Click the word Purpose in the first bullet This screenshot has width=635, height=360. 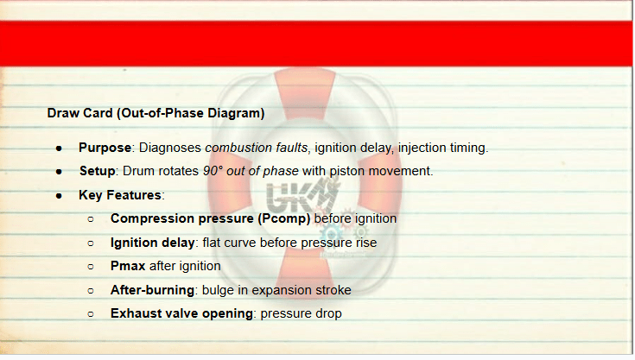click(x=105, y=148)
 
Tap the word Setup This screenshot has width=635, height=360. click(x=97, y=171)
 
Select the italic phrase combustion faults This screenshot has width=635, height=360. click(x=257, y=148)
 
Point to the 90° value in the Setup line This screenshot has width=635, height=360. click(x=213, y=171)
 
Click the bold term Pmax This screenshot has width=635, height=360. click(x=128, y=266)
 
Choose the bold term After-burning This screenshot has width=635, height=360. click(x=152, y=290)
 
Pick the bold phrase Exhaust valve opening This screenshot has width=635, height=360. click(x=181, y=313)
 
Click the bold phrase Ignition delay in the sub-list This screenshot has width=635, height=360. click(x=153, y=243)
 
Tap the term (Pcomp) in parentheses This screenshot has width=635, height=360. click(x=284, y=218)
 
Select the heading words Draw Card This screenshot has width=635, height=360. click(x=79, y=113)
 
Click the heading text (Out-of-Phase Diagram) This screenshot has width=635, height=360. click(x=191, y=113)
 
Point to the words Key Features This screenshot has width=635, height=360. click(x=120, y=195)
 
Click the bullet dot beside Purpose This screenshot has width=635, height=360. click(x=59, y=148)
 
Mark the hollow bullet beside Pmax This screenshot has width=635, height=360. click(x=91, y=267)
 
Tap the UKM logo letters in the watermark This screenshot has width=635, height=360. click(x=302, y=196)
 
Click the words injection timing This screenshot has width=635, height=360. click(x=442, y=148)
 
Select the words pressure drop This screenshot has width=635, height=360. click(x=301, y=314)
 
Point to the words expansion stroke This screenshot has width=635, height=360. click(x=302, y=290)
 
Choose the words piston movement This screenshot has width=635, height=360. click(x=380, y=171)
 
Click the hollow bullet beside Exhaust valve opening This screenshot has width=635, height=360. click(x=91, y=314)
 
